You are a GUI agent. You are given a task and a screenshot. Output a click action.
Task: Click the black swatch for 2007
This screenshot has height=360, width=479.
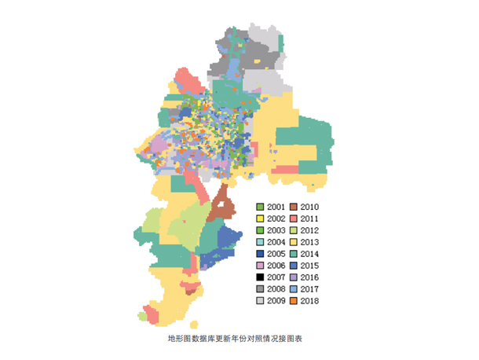click(x=260, y=277)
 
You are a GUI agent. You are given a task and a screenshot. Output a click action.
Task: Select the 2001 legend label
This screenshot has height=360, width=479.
click(x=276, y=207)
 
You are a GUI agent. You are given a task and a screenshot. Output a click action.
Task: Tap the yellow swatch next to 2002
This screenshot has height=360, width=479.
click(x=260, y=219)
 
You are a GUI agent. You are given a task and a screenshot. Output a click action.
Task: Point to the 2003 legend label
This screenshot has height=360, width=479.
click(x=276, y=230)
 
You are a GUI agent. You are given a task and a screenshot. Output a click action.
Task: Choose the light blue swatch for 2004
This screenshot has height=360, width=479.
click(x=260, y=242)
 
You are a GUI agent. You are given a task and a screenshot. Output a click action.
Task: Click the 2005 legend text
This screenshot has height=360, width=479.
click(x=276, y=254)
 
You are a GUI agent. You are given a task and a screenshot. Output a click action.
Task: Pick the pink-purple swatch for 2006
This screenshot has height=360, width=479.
click(x=260, y=266)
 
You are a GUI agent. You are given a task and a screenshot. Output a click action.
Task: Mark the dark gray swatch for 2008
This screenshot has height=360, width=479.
click(x=260, y=289)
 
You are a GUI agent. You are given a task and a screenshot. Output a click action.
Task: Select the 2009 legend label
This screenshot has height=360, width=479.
click(x=276, y=301)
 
